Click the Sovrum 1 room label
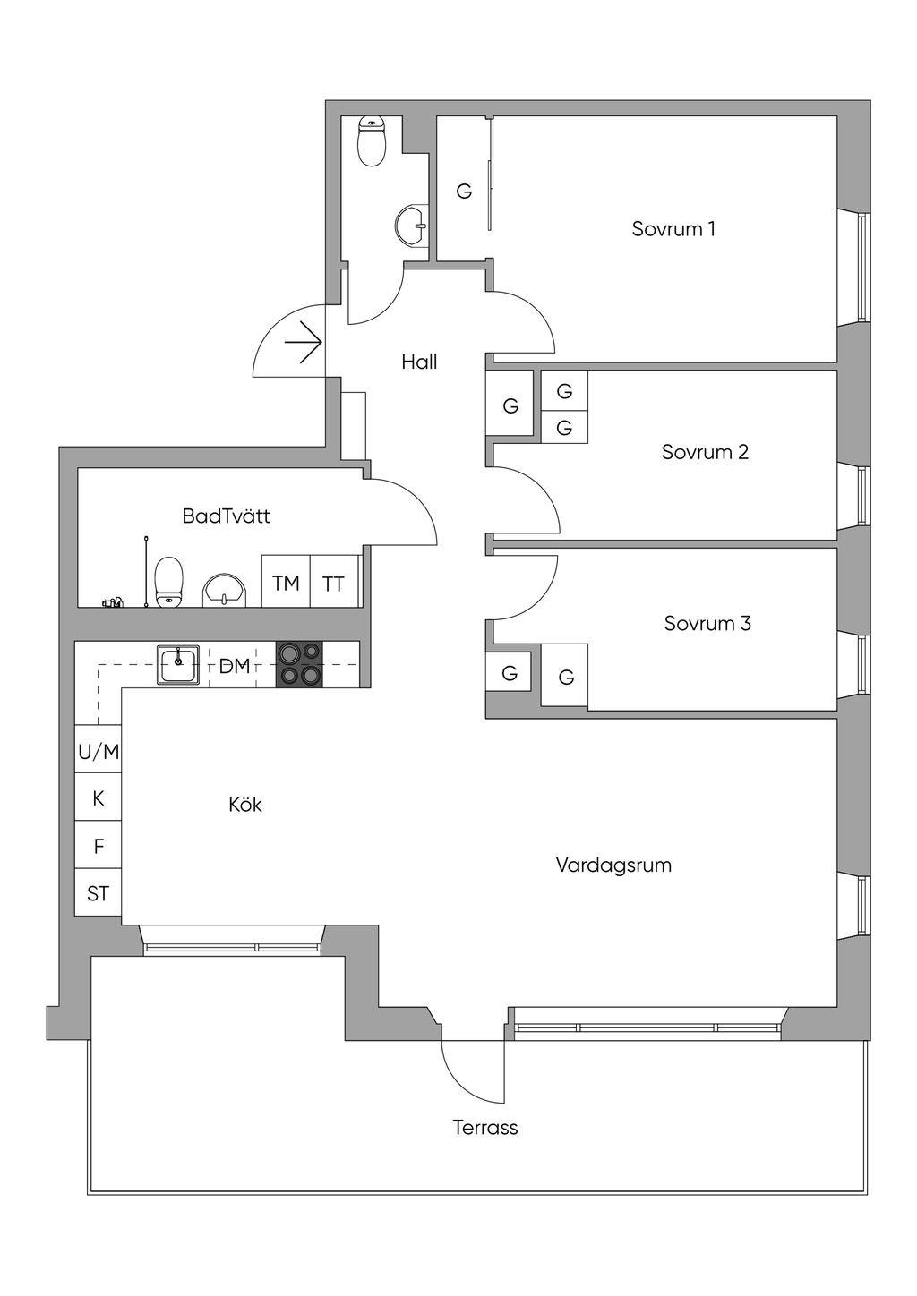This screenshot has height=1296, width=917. [673, 229]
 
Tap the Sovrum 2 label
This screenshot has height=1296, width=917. [704, 452]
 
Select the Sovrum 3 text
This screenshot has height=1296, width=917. [707, 623]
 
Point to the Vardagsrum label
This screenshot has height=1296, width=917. [613, 865]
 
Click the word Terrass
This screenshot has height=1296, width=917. [484, 1128]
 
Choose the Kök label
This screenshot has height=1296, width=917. [244, 805]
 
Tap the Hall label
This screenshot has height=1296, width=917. [419, 362]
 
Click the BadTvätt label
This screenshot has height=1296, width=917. [226, 516]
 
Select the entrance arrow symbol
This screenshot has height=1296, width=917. [304, 343]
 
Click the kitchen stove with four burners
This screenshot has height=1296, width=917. [299, 665]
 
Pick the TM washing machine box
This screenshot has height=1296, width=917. [286, 583]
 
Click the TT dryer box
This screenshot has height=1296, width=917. [334, 583]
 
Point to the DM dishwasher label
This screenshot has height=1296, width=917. [235, 666]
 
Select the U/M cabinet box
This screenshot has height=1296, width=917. [99, 752]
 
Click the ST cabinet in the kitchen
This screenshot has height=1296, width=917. [99, 892]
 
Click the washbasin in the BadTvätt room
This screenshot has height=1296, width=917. [225, 590]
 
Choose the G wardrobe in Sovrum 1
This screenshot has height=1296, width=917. [464, 191]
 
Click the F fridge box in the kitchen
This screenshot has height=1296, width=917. [99, 845]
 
